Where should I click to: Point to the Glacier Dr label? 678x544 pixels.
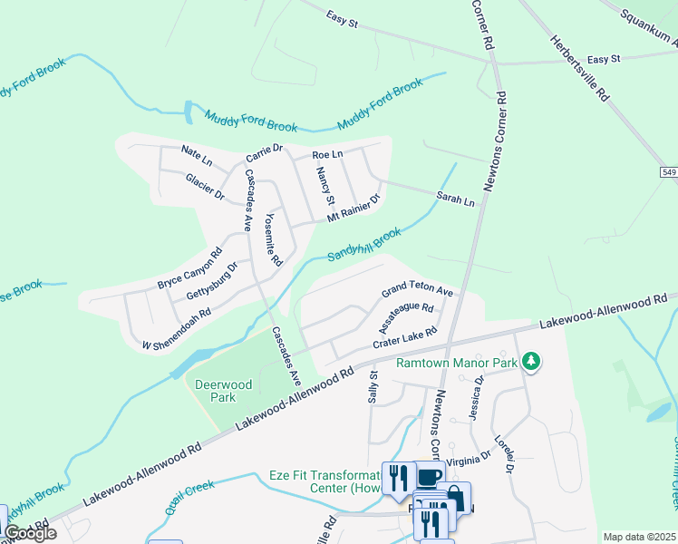tap(205, 187)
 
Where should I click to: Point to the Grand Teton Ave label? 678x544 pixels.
tap(416, 290)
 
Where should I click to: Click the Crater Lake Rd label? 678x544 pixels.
tap(405, 338)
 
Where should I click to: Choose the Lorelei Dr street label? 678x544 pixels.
tap(505, 458)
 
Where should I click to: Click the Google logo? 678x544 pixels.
tap(30, 533)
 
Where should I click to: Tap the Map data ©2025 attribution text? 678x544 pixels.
tap(638, 537)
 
